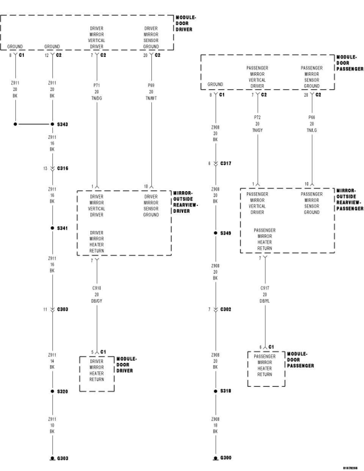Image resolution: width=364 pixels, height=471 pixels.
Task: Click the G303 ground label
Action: tap(63, 458)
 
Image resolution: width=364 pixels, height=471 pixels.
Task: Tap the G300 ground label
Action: tap(226, 458)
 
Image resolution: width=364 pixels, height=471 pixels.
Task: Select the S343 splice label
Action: tap(63, 124)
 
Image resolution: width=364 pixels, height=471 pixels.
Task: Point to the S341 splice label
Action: tap(63, 228)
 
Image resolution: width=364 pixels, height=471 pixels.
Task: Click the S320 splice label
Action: tap(63, 391)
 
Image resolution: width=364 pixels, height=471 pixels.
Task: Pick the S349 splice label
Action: tap(226, 233)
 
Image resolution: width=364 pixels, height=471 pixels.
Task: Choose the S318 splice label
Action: tap(226, 391)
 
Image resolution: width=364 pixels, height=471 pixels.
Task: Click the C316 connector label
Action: tap(63, 168)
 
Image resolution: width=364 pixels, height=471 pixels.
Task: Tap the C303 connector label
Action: tap(63, 309)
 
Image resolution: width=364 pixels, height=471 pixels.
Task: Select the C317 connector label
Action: tap(226, 163)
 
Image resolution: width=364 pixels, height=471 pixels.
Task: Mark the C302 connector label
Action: tap(226, 309)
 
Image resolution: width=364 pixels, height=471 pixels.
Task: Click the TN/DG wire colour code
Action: tap(97, 98)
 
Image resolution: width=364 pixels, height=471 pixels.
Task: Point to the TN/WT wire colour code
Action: tap(151, 98)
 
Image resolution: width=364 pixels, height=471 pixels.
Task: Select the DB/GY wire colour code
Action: tap(97, 301)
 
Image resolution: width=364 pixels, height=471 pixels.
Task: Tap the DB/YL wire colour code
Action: tap(265, 301)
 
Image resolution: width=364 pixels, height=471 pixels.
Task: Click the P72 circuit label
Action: tap(257, 118)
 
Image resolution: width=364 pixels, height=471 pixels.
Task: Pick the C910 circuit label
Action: tap(97, 288)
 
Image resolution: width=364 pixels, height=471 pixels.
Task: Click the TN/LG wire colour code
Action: tap(312, 130)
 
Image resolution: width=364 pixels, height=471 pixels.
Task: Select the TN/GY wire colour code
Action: tap(257, 130)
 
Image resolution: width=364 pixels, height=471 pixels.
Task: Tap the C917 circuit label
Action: tap(265, 288)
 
